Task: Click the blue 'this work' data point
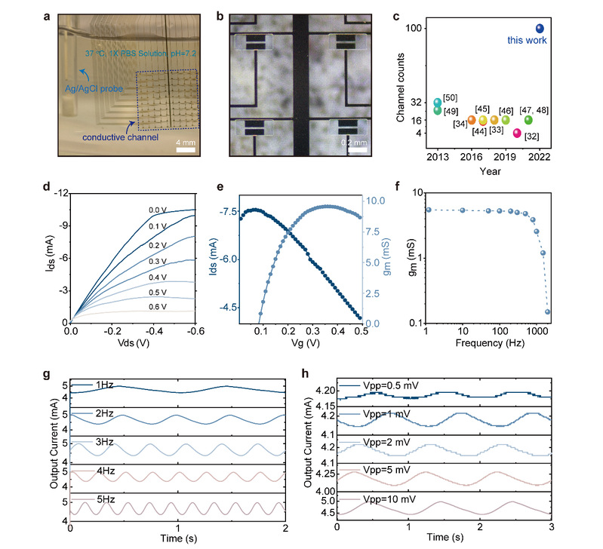point(540,29)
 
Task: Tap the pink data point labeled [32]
point(517,133)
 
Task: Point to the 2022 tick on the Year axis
point(539,157)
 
